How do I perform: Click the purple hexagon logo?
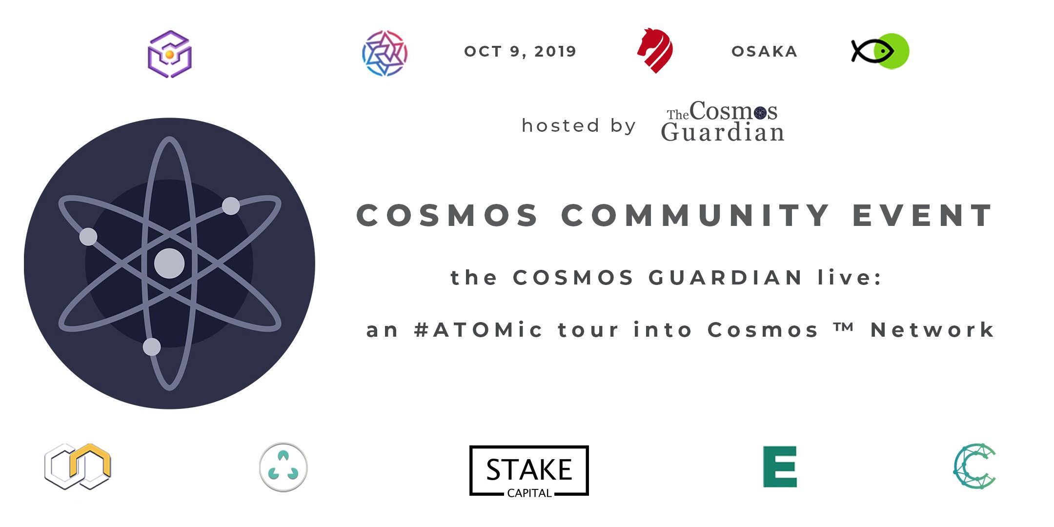(169, 54)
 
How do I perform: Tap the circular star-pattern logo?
(385, 53)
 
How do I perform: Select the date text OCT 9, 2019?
(520, 52)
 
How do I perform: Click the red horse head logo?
(655, 50)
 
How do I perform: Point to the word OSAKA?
(764, 52)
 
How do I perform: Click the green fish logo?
(880, 51)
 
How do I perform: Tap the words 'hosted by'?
(579, 125)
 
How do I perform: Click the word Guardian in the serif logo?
(723, 132)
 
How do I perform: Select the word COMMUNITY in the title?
(695, 215)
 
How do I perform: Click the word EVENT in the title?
(922, 215)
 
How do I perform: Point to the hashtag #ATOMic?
(478, 330)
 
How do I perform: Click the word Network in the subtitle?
(932, 330)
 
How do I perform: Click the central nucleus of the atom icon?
(169, 263)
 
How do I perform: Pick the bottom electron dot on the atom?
(152, 347)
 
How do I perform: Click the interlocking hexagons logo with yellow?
(78, 466)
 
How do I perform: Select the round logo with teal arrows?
(283, 467)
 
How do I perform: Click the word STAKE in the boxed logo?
(529, 469)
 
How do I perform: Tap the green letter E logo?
(780, 466)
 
